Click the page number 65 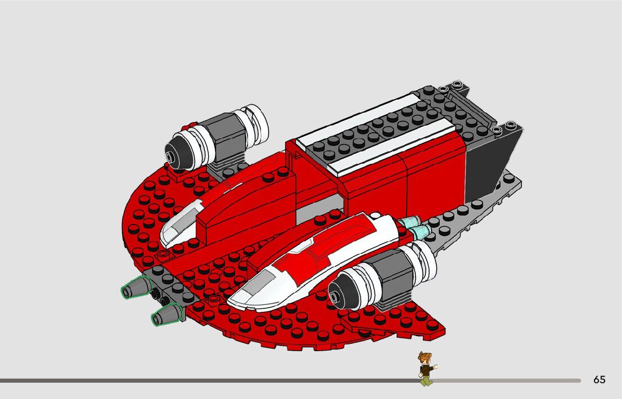click(x=600, y=380)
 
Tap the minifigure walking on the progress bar click(x=426, y=369)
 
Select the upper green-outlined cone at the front click(x=133, y=289)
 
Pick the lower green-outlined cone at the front click(x=165, y=315)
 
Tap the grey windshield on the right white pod click(x=256, y=281)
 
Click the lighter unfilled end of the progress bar click(x=506, y=380)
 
